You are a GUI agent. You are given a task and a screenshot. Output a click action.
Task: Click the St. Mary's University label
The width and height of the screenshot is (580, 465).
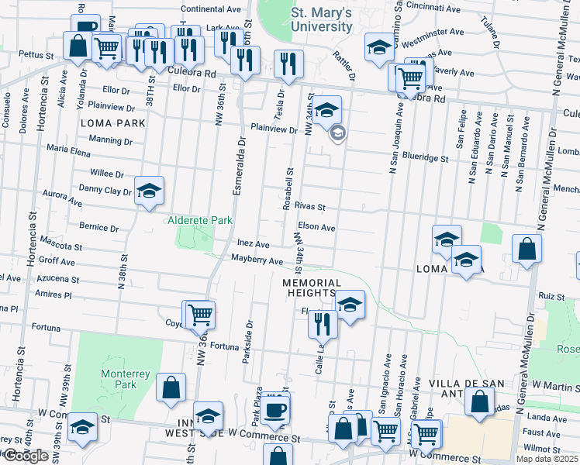(x=322, y=19)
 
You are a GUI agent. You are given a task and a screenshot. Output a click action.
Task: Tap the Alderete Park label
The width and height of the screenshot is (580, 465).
(x=201, y=220)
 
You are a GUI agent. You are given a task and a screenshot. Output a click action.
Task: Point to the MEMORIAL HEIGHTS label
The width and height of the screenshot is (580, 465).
(x=312, y=288)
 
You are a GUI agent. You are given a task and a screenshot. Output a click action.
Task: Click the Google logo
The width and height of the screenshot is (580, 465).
(x=25, y=456)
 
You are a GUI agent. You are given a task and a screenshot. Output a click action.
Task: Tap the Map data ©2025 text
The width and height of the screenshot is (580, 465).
(x=547, y=459)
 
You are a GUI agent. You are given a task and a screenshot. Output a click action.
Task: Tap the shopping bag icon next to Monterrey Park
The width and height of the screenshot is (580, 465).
(x=171, y=387)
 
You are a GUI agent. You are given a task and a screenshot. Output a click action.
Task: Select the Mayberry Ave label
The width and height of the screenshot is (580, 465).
(x=257, y=261)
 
